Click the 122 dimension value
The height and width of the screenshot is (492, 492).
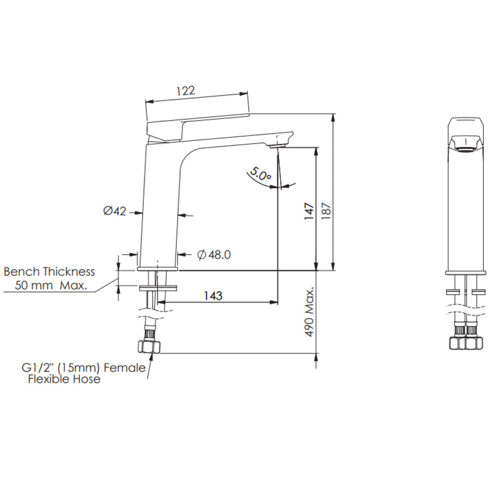click(185, 91)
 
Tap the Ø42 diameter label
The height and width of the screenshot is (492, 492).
click(114, 210)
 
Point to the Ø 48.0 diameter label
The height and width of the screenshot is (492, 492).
click(214, 255)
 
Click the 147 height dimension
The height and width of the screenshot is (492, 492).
click(309, 211)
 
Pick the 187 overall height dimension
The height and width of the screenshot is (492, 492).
click(326, 211)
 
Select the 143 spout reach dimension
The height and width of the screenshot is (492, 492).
click(212, 295)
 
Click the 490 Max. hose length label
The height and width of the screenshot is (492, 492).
click(309, 312)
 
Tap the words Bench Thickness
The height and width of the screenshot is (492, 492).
click(49, 271)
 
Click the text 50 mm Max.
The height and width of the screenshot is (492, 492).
click(51, 285)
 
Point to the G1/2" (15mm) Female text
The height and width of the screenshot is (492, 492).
click(83, 368)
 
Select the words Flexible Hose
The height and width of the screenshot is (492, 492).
click(64, 380)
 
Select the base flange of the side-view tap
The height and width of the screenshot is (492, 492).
click(158, 269)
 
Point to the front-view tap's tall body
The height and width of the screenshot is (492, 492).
click(465, 211)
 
